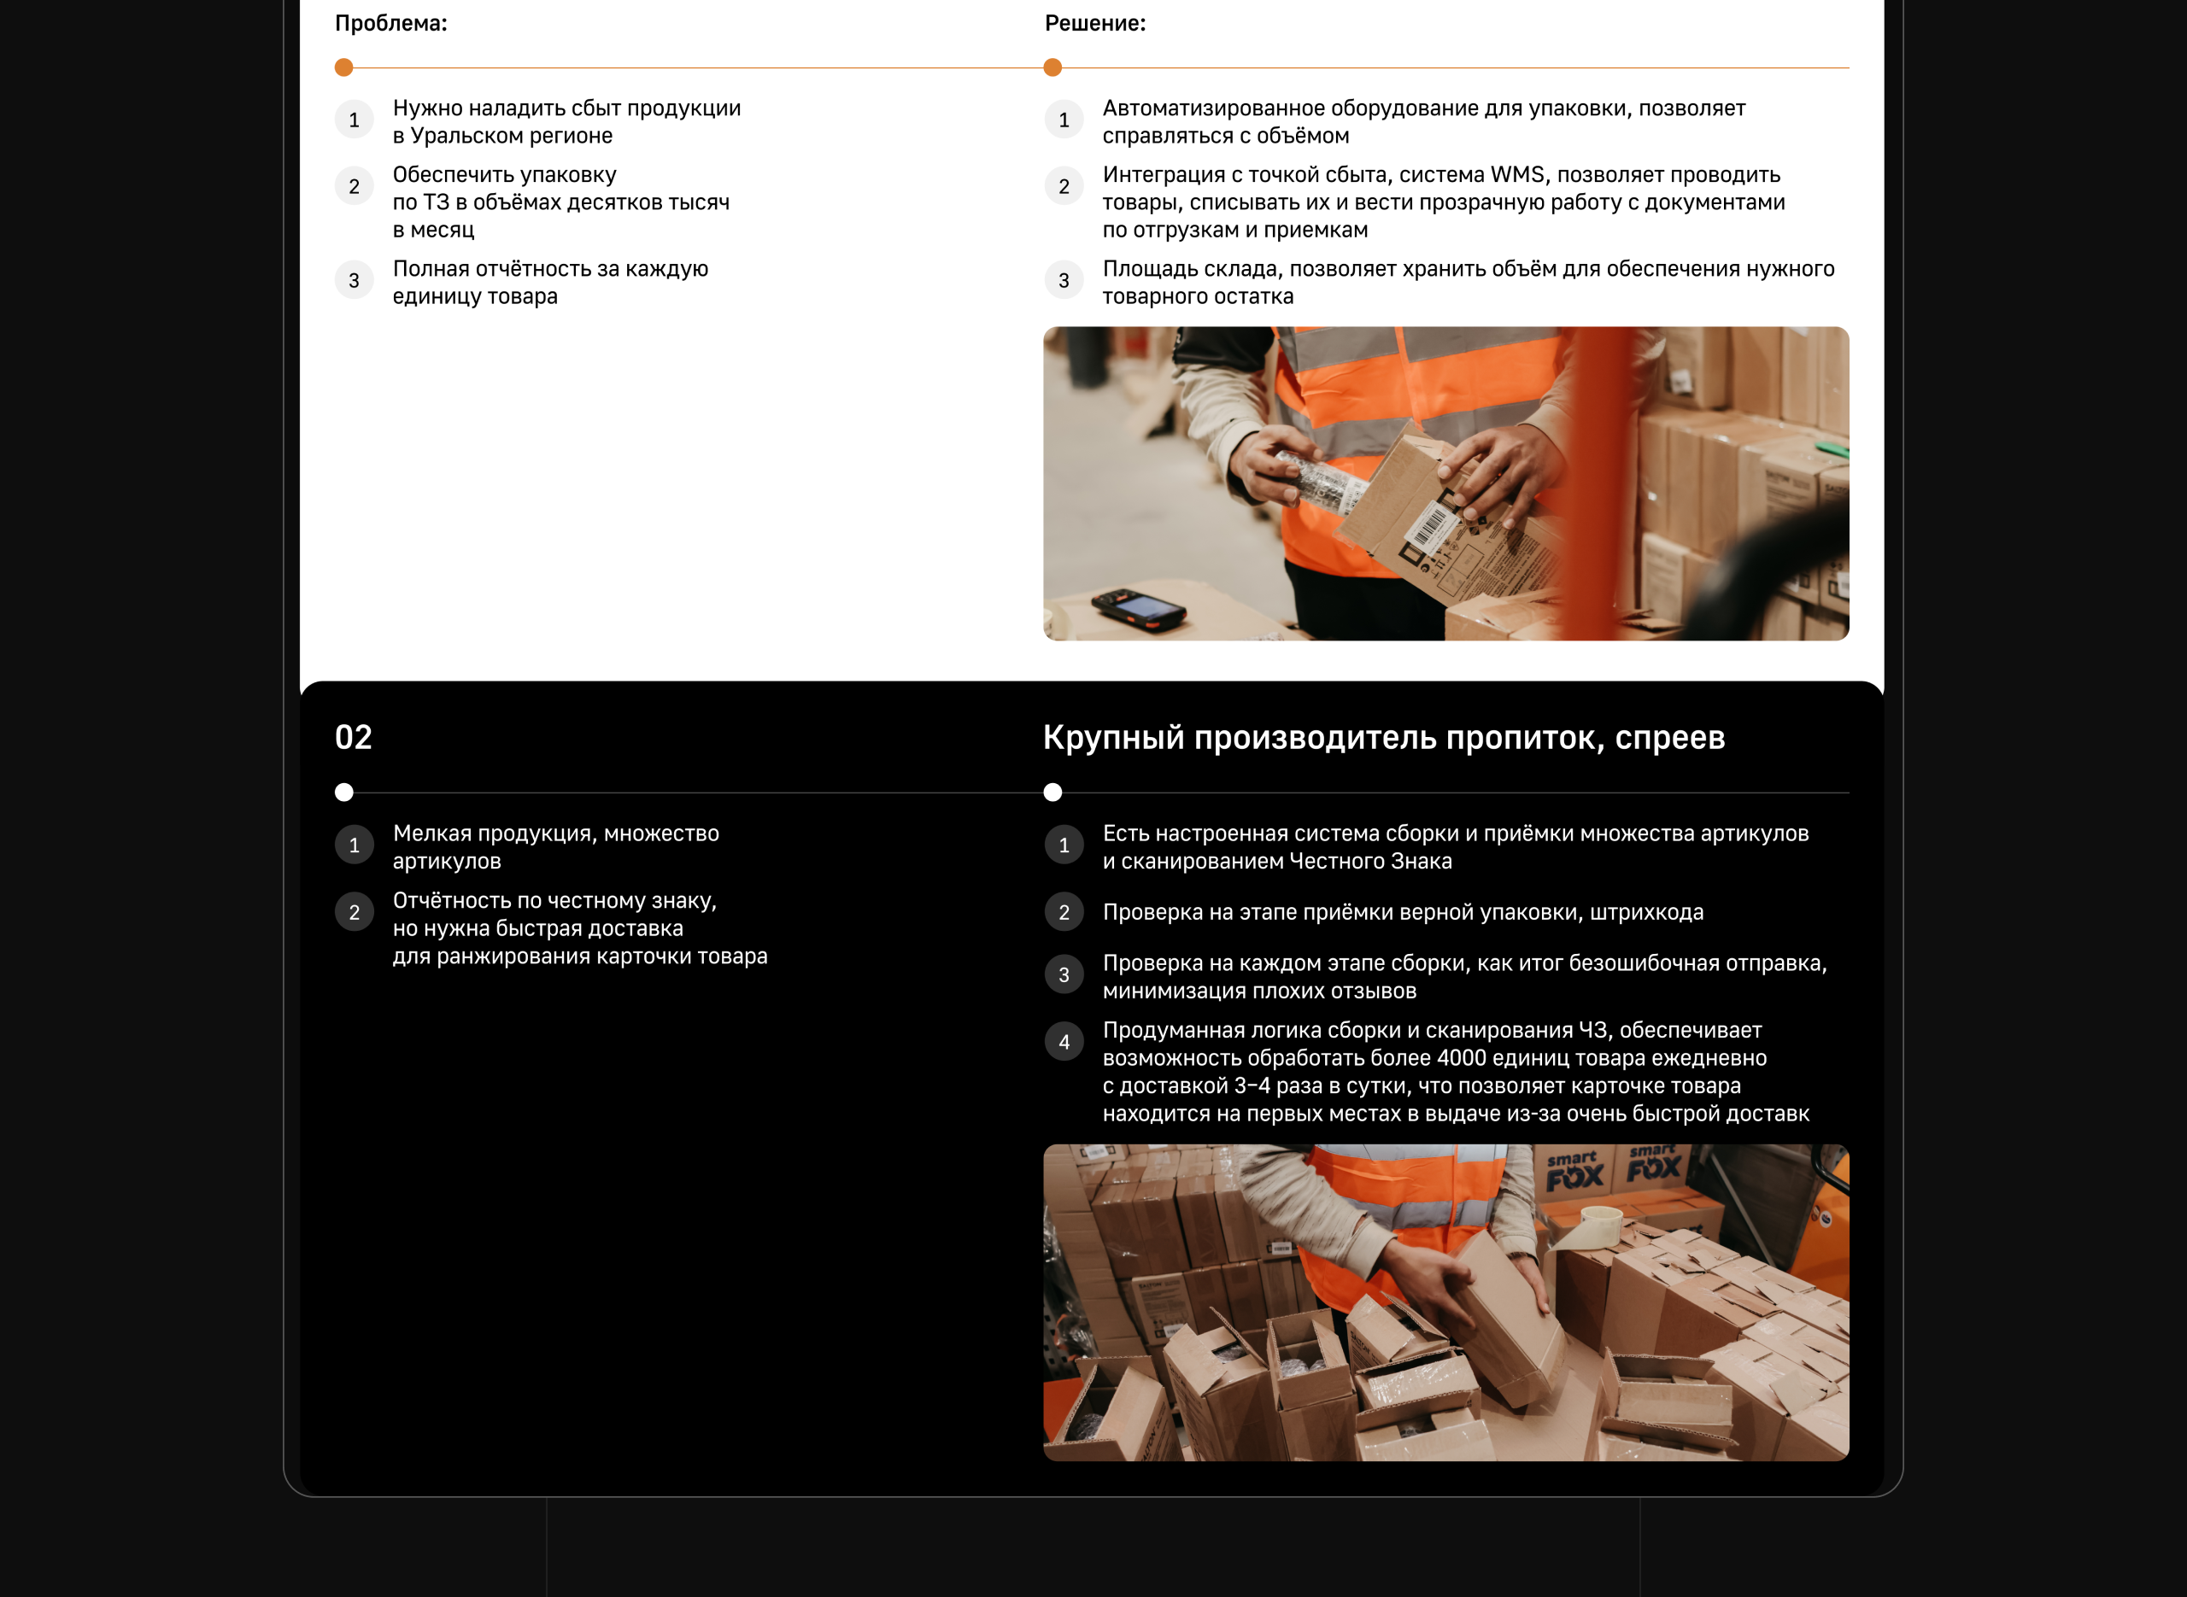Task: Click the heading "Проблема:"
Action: tap(390, 23)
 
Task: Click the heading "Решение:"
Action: tap(1094, 23)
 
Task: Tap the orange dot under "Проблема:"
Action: tap(343, 67)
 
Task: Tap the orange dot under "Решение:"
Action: tap(1052, 67)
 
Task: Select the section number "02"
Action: tap(353, 738)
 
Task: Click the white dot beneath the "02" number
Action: tap(343, 793)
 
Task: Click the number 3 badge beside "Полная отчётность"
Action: tap(354, 281)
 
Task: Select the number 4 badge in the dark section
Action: tap(1064, 1042)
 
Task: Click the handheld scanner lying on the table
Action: tap(1139, 610)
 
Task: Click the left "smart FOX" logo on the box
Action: tap(1574, 1171)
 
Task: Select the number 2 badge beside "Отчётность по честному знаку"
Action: tap(354, 913)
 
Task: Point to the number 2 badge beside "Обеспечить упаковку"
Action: tap(354, 186)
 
